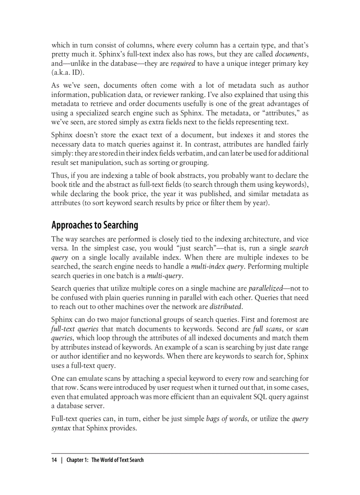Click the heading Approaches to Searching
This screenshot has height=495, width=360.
tap(94, 225)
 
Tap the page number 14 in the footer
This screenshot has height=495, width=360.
tap(54, 460)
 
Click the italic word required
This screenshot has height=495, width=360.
tap(183, 63)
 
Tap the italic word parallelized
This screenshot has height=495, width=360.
tap(265, 288)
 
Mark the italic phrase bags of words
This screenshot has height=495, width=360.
tap(226, 419)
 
